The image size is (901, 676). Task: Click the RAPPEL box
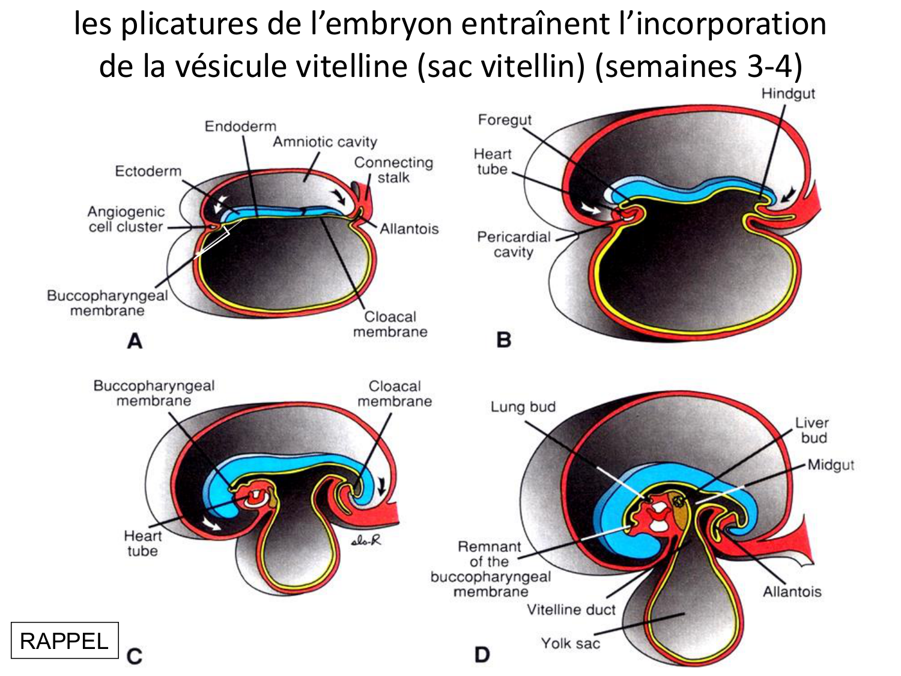[x=64, y=641]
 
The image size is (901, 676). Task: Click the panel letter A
[x=135, y=341]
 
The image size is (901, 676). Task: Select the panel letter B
[x=503, y=340]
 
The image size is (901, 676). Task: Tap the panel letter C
[x=135, y=656]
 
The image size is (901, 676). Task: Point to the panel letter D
[x=482, y=654]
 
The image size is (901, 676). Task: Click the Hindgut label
[x=788, y=94]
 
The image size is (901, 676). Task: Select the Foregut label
[x=505, y=120]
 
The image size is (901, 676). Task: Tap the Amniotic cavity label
[x=325, y=142]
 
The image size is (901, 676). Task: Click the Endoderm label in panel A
[x=240, y=126]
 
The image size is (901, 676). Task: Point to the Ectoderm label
[x=148, y=171]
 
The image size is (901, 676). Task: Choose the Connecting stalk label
[x=393, y=170]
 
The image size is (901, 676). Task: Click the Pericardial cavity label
[x=514, y=244]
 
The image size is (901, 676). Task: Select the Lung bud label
[x=523, y=407]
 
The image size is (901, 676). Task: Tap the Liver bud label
[x=812, y=430]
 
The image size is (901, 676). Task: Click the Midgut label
[x=831, y=464]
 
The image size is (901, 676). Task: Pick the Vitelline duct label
[x=571, y=610]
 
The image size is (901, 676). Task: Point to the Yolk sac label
[x=570, y=644]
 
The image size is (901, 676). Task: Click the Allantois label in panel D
[x=792, y=592]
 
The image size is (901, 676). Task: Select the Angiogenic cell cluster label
[x=126, y=219]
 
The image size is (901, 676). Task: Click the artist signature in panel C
[x=366, y=541]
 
